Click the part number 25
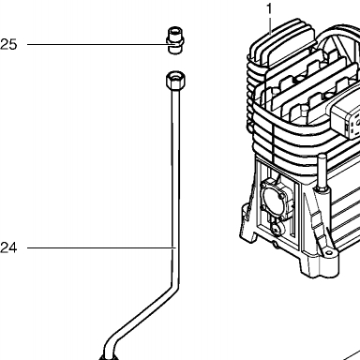click(x=8, y=44)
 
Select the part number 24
click(x=8, y=248)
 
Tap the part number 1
click(x=269, y=9)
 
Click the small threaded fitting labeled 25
click(x=174, y=40)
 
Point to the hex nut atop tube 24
click(x=175, y=80)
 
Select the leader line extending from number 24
click(x=100, y=248)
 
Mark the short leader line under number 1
click(x=269, y=25)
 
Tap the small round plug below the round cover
click(x=277, y=231)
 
